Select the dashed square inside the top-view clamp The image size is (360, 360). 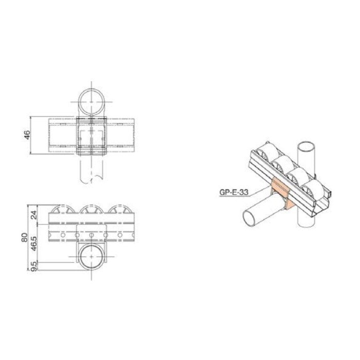(91, 138)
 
